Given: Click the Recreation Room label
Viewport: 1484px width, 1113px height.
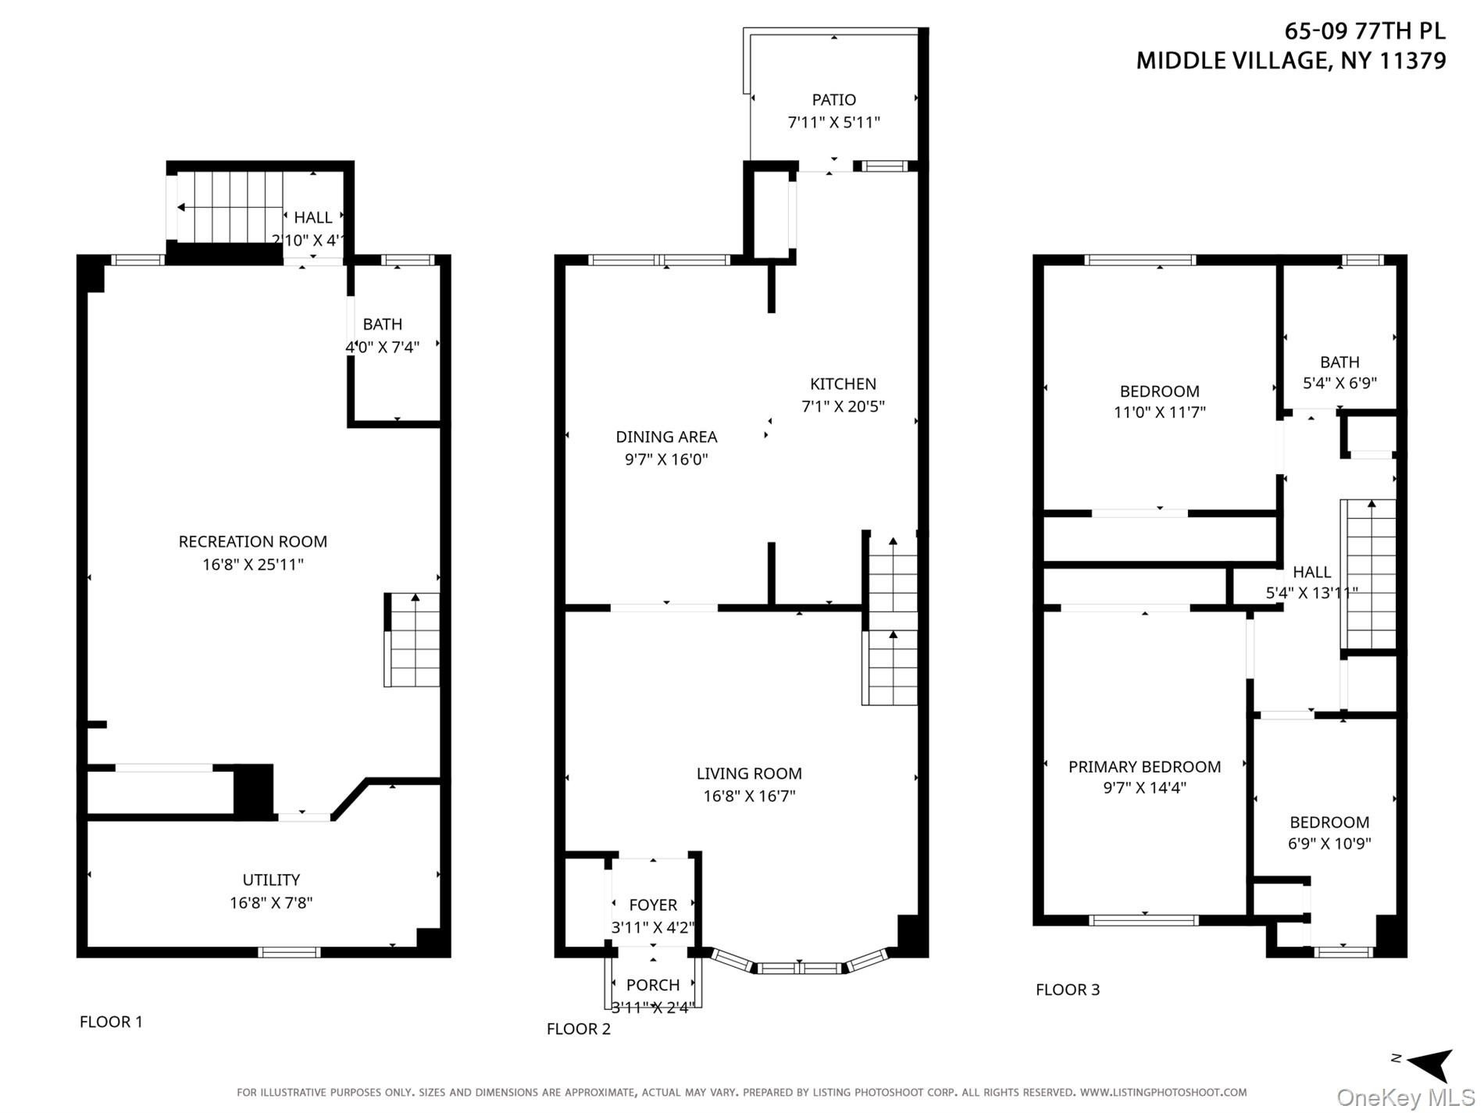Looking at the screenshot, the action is point(253,541).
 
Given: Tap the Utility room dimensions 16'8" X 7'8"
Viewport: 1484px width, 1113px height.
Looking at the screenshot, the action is point(271,903).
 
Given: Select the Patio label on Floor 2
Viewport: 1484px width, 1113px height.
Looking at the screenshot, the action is point(834,100).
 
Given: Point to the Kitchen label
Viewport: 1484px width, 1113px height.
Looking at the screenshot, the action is point(843,383).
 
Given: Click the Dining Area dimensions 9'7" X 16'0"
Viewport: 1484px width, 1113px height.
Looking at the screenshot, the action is point(666,459).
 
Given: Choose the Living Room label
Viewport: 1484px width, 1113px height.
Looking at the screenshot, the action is point(749,773).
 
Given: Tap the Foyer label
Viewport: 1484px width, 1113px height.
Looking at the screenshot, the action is point(653,904).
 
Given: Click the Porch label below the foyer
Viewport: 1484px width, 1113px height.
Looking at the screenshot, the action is point(653,985).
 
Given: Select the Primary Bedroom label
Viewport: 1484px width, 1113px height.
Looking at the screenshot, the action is point(1144,767).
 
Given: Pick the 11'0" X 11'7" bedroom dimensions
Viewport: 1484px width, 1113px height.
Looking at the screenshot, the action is point(1160,412).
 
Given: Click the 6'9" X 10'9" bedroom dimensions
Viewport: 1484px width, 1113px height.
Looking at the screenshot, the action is point(1329,844).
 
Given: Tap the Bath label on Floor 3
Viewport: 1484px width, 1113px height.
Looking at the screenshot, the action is point(1340,362).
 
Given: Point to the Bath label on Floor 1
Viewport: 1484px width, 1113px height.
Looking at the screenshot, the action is point(383,324).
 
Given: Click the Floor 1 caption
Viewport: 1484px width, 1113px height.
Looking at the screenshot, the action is point(111,1022).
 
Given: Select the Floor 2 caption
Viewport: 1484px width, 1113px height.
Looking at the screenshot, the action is point(579,1029).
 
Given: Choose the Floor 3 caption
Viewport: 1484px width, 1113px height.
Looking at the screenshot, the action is point(1068,990).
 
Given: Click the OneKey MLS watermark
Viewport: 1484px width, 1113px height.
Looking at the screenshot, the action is point(1404,1098).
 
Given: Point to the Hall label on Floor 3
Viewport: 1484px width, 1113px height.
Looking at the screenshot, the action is point(1311,572).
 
